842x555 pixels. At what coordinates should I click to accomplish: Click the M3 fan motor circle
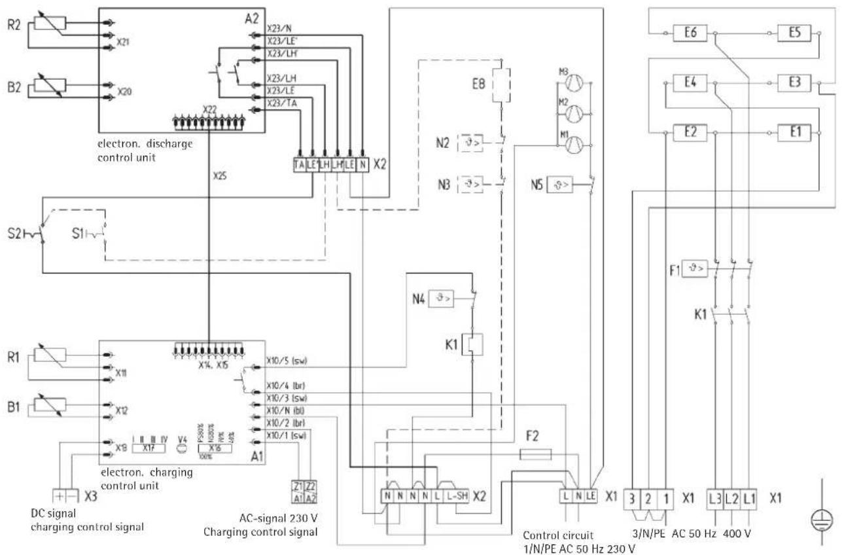click(x=572, y=82)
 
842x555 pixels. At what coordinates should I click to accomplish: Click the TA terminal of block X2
click(x=300, y=166)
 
